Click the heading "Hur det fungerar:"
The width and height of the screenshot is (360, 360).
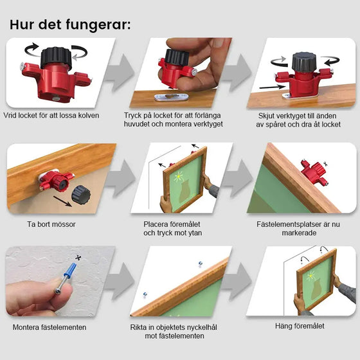coord(70,24)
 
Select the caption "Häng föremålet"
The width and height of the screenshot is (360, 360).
coord(300,327)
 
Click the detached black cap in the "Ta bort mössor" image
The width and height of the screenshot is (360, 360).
coord(81,194)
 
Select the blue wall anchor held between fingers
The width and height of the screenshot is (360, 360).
coord(67,274)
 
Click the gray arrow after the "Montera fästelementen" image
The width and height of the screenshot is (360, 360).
coord(120,282)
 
